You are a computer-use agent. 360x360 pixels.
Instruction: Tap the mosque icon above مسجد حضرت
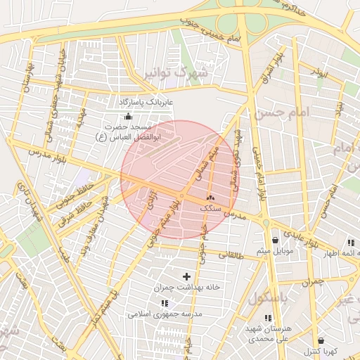pyautogui.click(x=127, y=117)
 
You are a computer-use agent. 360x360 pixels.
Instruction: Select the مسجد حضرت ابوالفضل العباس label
pyautogui.click(x=128, y=131)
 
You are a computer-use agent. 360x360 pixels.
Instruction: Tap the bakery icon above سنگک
pyautogui.click(x=210, y=198)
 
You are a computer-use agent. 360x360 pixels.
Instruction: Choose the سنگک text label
pyautogui.click(x=210, y=209)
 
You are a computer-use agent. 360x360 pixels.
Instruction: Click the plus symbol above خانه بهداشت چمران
pyautogui.click(x=186, y=276)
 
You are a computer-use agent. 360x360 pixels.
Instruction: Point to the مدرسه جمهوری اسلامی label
pyautogui.click(x=165, y=314)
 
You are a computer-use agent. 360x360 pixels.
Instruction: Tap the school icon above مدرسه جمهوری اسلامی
pyautogui.click(x=165, y=303)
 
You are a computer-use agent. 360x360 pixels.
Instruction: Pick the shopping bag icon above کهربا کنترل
pyautogui.click(x=321, y=340)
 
